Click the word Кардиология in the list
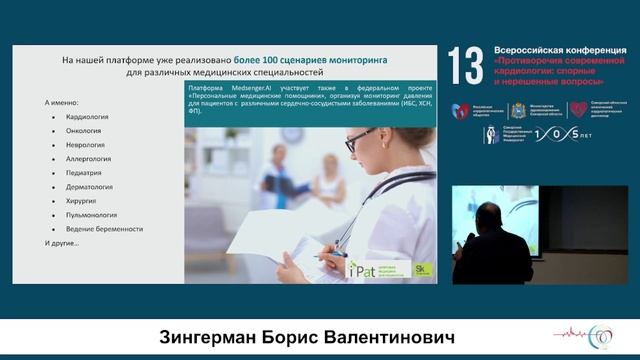pyautogui.click(x=87, y=117)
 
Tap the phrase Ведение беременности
pyautogui.click(x=103, y=229)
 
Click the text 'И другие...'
pyautogui.click(x=63, y=244)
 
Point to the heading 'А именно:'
pyautogui.click(x=63, y=103)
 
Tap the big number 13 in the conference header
pyautogui.click(x=465, y=65)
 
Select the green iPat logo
pyautogui.click(x=361, y=268)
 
